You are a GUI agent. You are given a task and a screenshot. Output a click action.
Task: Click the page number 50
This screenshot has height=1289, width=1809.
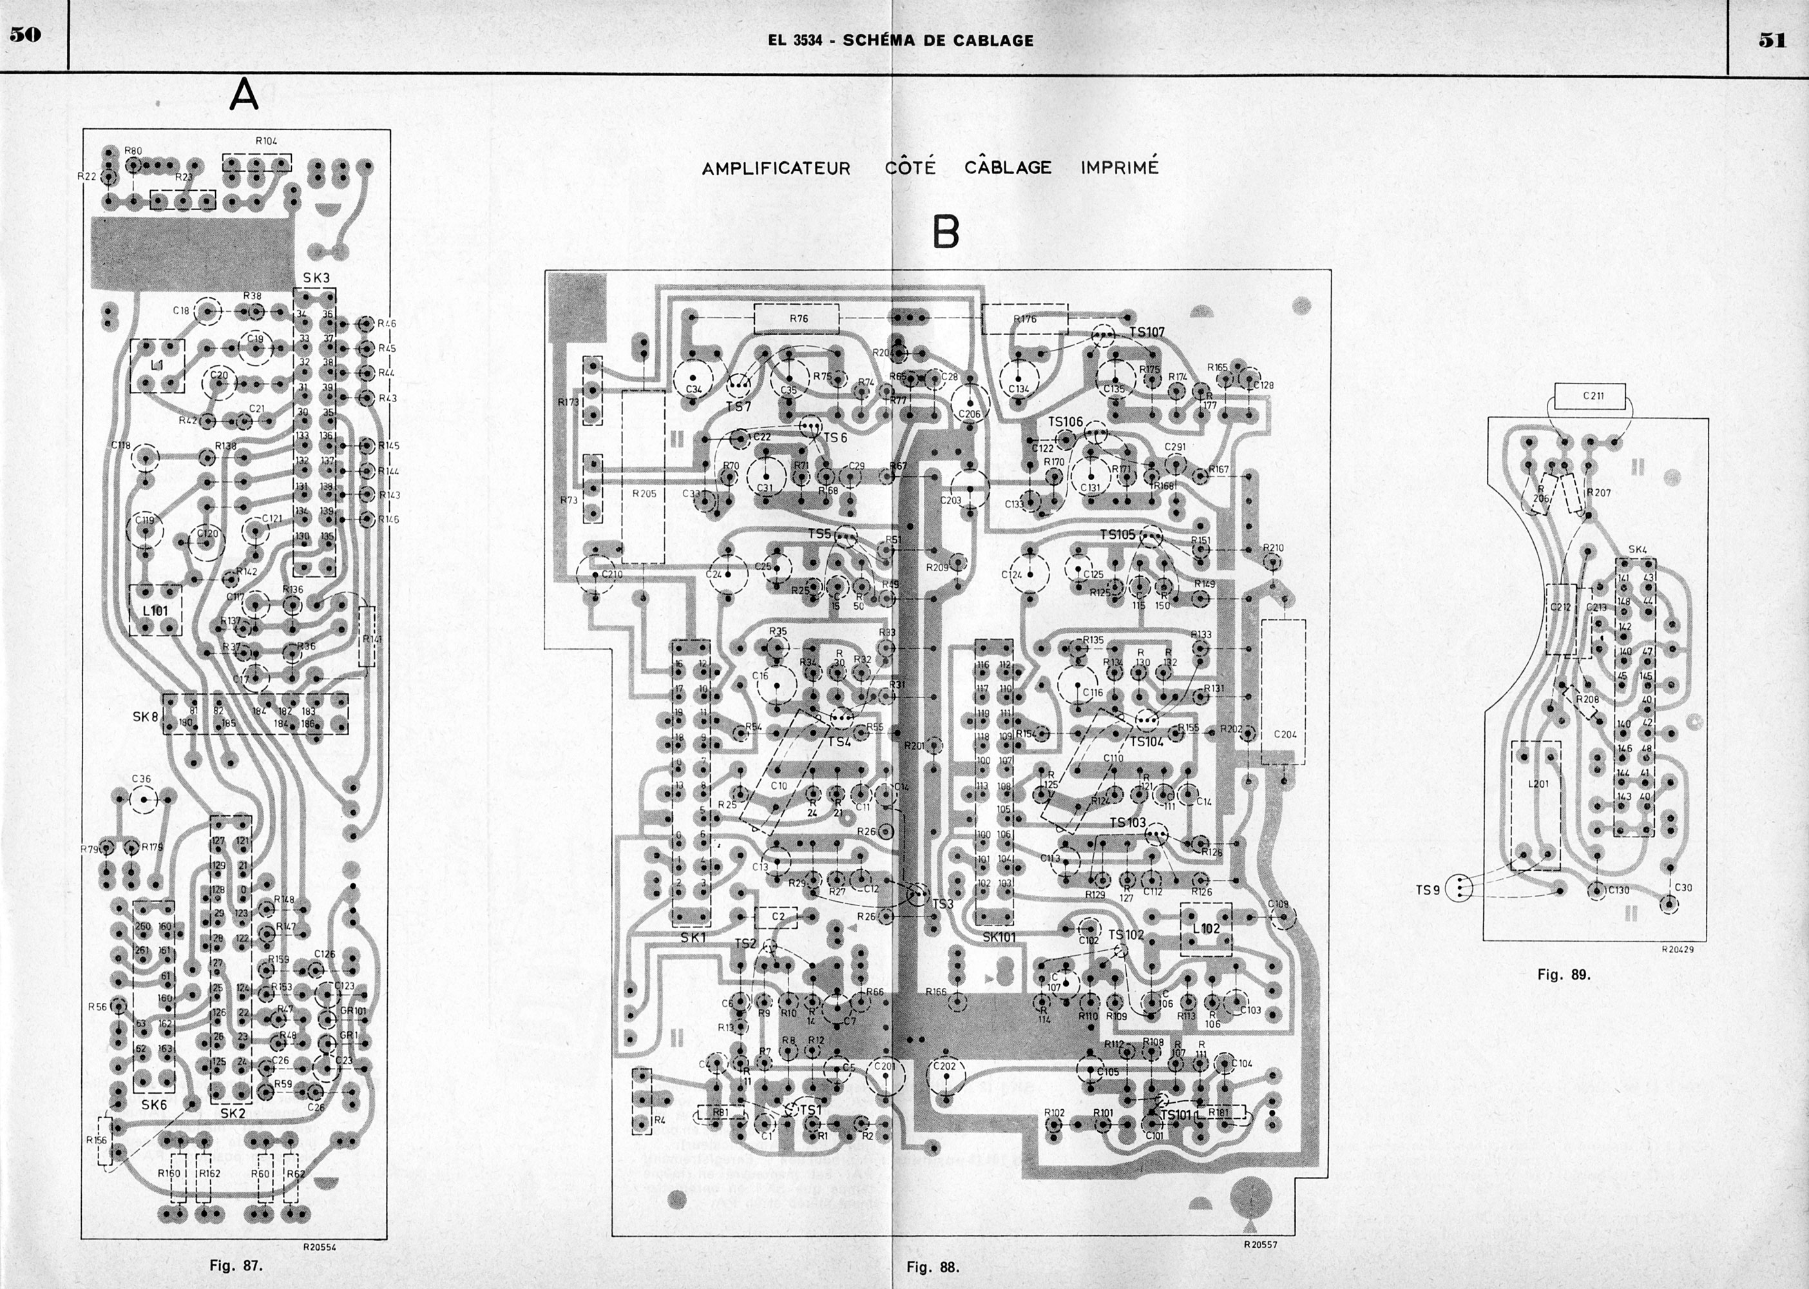coord(24,35)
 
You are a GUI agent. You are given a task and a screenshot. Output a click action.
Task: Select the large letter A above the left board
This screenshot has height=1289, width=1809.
coord(244,95)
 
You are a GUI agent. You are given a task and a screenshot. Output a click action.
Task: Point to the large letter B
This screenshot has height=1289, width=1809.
coord(946,232)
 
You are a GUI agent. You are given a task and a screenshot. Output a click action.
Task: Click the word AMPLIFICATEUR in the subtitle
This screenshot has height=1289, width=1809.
coord(776,168)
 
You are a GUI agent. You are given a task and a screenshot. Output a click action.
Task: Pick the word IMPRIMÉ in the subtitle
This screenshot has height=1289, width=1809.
coord(1120,168)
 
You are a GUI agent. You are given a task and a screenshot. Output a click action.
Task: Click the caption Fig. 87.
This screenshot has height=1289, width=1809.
coord(236,1265)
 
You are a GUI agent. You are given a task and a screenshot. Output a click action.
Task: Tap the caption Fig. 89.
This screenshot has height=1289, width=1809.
coord(1564,974)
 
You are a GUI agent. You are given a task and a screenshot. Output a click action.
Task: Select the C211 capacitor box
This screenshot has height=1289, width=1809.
coord(1593,394)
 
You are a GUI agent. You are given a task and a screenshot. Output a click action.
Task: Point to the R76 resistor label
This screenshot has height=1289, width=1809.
coord(798,318)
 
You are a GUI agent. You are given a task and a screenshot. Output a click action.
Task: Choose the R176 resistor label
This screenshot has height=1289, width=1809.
coord(1024,319)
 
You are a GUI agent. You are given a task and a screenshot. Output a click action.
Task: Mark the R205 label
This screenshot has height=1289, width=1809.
coord(644,493)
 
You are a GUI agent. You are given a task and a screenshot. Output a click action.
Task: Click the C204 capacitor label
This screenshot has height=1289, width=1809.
coord(1285,734)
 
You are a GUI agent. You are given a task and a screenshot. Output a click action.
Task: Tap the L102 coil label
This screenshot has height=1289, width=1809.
coord(1206,929)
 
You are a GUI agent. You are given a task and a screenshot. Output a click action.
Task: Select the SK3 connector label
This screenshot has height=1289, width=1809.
coord(316,278)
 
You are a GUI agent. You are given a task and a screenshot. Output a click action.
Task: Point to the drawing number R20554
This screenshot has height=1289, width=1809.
coord(320,1247)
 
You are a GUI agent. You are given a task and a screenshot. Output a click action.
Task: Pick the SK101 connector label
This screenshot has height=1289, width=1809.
coord(999,936)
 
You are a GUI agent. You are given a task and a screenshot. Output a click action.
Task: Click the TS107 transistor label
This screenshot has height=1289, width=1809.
coord(1147,332)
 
